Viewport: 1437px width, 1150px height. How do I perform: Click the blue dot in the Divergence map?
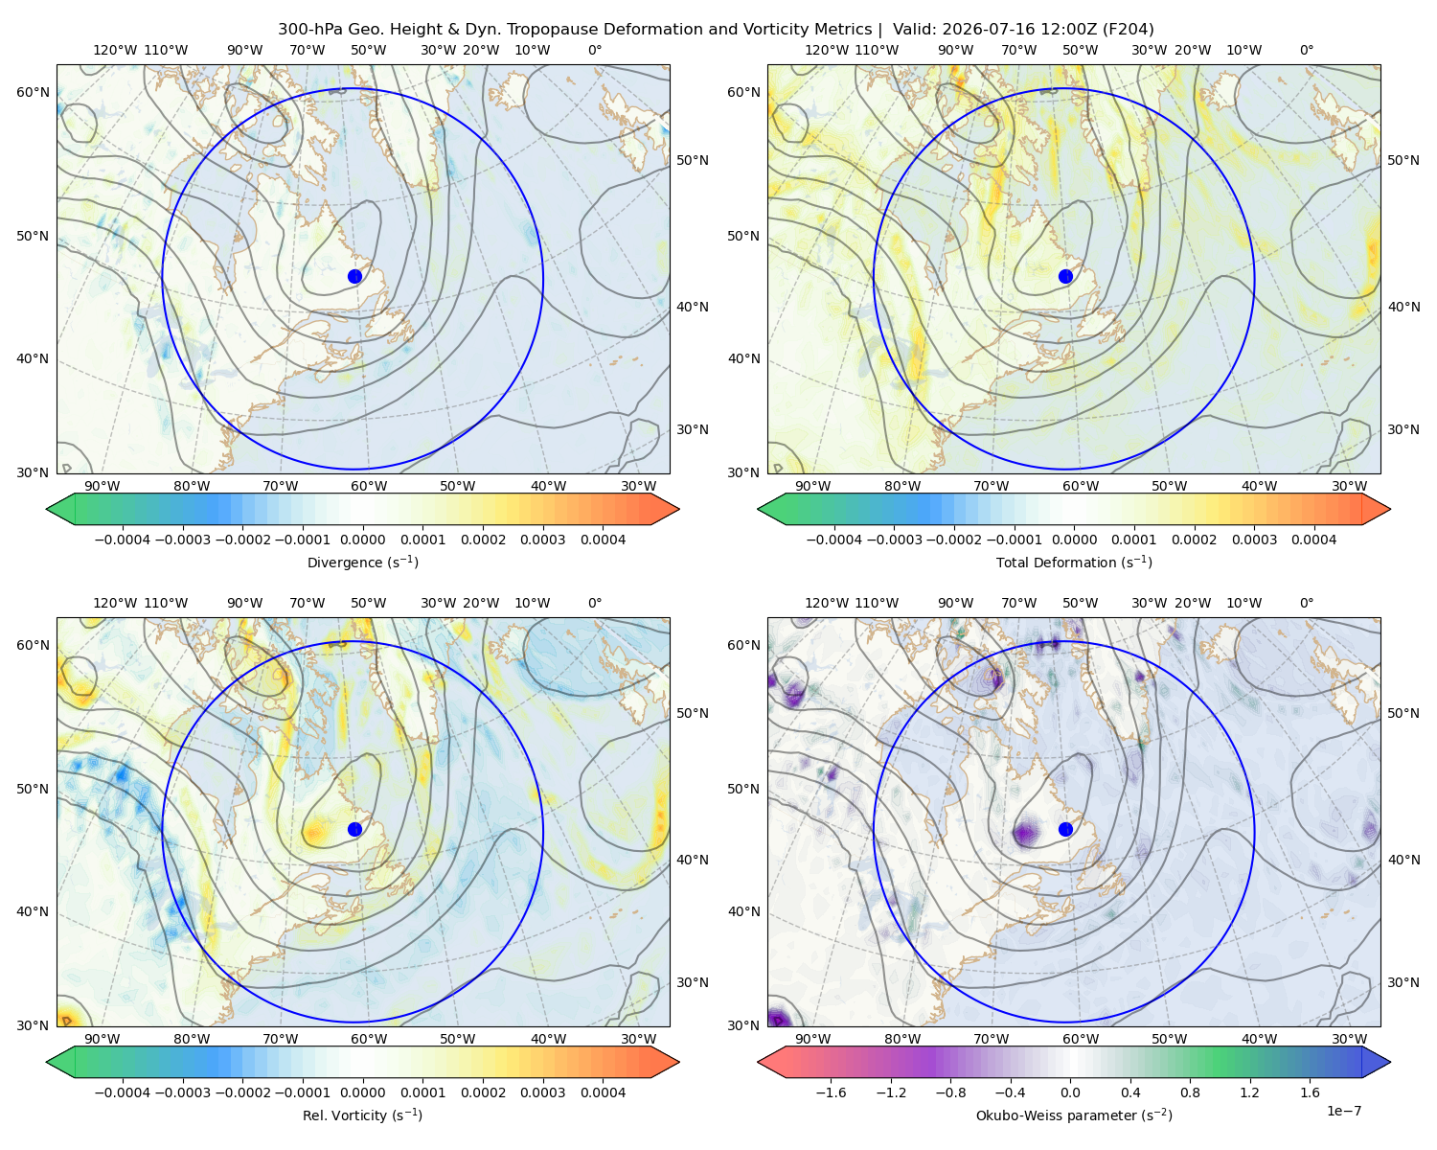pos(354,277)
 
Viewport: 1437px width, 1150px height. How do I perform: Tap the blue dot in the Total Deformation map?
pos(1065,277)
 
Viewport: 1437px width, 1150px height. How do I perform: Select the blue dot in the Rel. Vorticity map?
pos(354,829)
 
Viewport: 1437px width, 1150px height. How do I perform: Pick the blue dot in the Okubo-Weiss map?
pos(1065,829)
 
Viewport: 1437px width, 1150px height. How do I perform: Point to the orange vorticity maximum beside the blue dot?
pos(314,833)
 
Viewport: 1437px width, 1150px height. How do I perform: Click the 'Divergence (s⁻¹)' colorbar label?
pos(362,563)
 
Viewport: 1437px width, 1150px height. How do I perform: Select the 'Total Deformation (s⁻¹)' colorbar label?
pos(1074,563)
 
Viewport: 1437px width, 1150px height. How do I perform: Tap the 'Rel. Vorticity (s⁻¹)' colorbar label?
pos(362,1115)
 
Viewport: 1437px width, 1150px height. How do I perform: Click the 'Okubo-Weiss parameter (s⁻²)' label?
pos(1074,1115)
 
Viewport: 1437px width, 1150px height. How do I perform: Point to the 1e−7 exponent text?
pos(1343,1111)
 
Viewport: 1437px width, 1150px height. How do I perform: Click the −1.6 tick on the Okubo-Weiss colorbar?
pos(831,1092)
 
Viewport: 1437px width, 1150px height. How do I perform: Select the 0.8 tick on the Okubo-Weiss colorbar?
pos(1190,1092)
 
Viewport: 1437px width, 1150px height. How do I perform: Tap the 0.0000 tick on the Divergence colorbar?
pos(362,540)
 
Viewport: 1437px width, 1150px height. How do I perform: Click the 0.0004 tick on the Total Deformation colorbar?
pos(1313,540)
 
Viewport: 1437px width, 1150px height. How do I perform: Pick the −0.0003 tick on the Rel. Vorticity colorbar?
pos(182,1092)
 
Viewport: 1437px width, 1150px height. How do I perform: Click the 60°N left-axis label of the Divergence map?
pos(33,92)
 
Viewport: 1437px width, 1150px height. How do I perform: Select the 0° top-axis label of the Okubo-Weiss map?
pos(1307,603)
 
